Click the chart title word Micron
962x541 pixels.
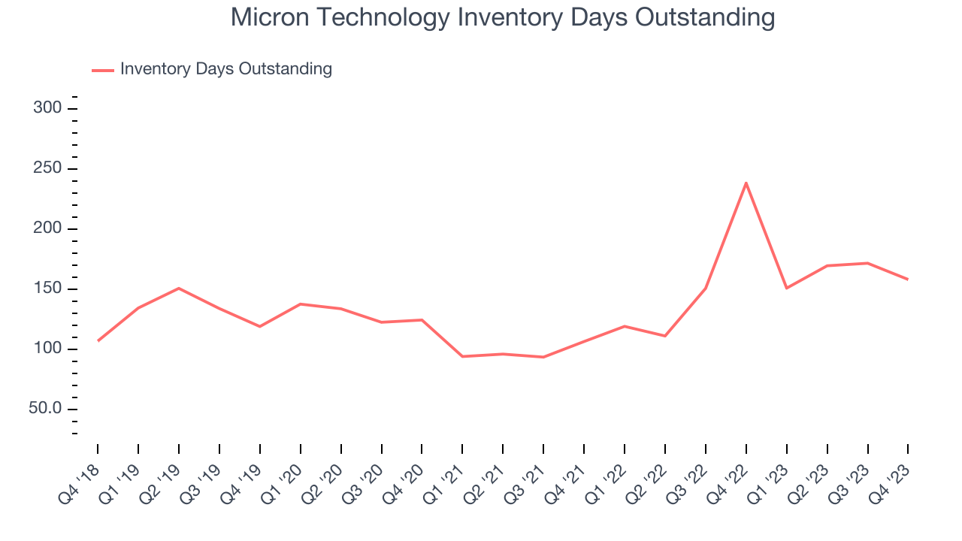268,17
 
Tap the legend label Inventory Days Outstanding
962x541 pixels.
225,69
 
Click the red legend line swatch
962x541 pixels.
102,70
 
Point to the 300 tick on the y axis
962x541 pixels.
47,109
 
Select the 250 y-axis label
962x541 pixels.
47,169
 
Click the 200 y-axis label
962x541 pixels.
47,229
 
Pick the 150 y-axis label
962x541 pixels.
47,289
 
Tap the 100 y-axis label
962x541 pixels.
47,349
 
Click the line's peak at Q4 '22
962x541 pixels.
746,183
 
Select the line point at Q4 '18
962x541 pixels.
98,341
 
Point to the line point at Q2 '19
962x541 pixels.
179,288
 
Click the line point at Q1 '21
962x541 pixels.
462,356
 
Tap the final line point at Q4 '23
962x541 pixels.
907,280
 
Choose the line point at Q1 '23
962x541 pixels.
786,288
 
